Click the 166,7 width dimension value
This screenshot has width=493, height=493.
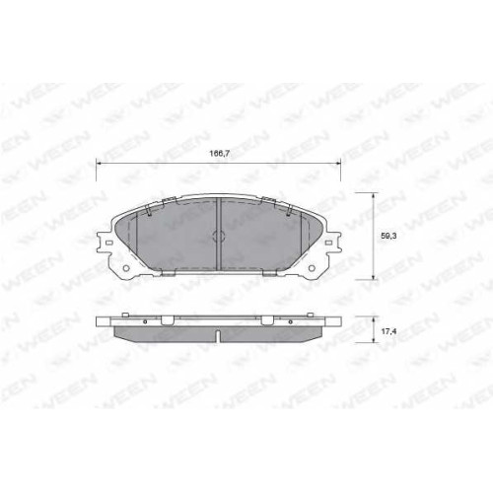(x=219, y=153)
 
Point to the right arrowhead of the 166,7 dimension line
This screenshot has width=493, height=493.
(x=338, y=163)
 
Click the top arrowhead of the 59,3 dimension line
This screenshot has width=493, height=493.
(x=373, y=196)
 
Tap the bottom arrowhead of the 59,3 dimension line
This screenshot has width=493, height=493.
(x=373, y=277)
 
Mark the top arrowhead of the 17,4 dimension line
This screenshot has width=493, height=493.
(x=373, y=319)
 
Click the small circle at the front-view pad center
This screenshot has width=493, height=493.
(x=219, y=236)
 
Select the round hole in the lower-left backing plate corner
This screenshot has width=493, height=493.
(x=126, y=268)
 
